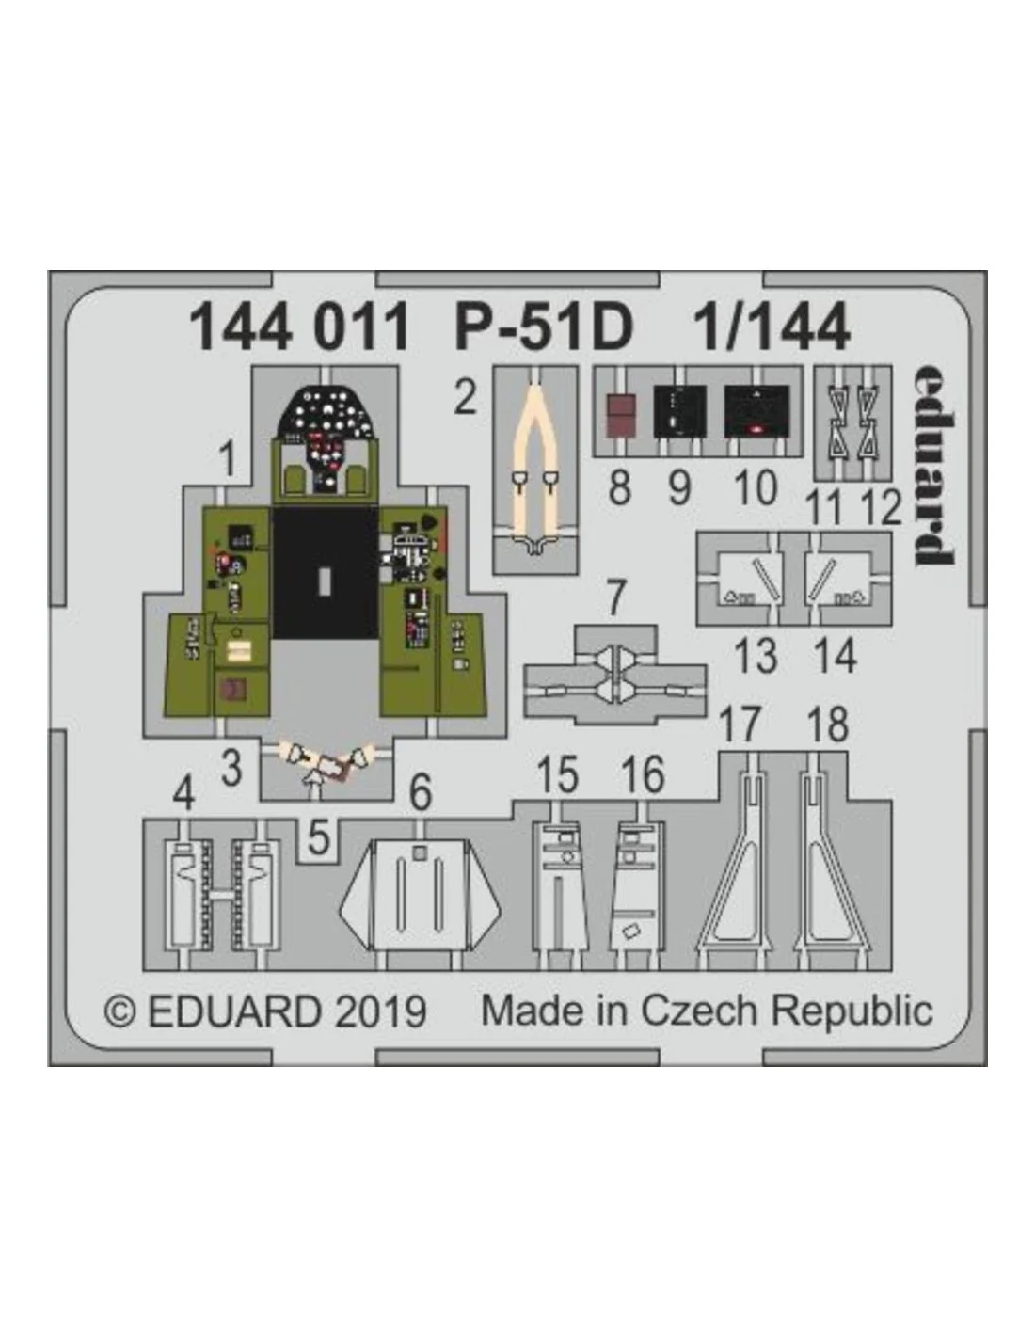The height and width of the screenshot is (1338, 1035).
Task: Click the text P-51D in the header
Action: tap(544, 327)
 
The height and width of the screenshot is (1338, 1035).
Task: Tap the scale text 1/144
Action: tap(772, 327)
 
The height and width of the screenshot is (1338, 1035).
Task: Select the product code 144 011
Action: tap(298, 327)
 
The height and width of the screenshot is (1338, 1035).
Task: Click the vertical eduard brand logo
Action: tap(934, 466)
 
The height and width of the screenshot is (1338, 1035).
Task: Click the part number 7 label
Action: tap(615, 598)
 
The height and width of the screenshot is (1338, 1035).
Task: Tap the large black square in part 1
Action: tap(326, 573)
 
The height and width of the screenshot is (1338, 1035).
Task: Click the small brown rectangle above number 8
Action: tap(621, 415)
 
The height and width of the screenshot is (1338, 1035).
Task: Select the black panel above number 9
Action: tap(679, 411)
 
